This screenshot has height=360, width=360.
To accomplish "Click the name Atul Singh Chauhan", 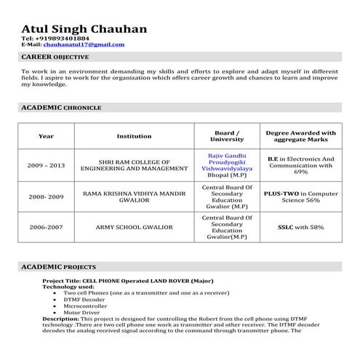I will tap(84, 28).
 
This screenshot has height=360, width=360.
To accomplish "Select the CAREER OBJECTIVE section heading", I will tap(55, 56).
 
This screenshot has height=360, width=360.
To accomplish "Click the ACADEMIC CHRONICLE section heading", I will tap(61, 107).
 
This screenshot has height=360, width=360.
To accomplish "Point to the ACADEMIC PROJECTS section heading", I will tap(58, 267).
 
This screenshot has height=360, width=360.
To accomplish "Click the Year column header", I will tap(46, 136).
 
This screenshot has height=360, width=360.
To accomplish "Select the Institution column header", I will tap(134, 136).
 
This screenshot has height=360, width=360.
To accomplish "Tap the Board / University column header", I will tap(222, 136).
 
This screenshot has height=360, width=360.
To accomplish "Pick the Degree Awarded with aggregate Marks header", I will tap(300, 136).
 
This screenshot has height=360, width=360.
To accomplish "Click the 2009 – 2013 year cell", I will tap(46, 165).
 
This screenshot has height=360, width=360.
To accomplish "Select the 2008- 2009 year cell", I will tap(46, 196).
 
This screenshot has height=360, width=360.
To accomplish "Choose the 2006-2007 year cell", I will tap(46, 227).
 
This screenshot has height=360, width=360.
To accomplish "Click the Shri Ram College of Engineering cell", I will tap(134, 165).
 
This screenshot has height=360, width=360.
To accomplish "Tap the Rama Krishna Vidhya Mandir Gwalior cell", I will tap(134, 196).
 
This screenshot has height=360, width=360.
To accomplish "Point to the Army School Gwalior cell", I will tap(134, 227).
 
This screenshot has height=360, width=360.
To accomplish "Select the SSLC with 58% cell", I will tap(300, 227).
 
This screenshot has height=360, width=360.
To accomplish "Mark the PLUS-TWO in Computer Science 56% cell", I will tap(300, 196).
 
